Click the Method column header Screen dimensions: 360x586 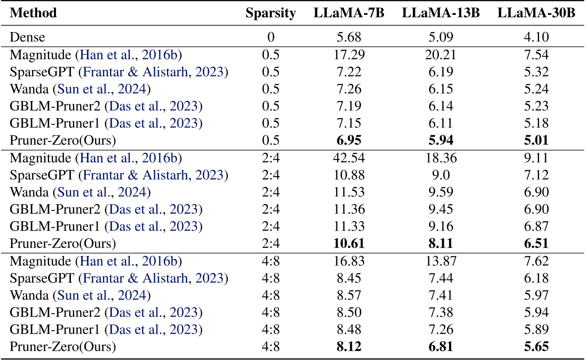point(33,13)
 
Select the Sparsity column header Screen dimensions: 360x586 point(271,13)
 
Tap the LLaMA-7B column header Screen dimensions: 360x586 point(349,13)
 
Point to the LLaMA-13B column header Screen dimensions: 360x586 point(441,13)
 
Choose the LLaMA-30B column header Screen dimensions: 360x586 point(536,13)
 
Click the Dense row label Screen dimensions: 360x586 point(28,37)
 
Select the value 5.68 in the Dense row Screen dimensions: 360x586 point(349,37)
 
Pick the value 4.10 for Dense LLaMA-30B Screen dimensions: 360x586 point(536,37)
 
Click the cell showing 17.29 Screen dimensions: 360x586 point(349,54)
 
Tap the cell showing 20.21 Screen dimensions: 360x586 point(441,54)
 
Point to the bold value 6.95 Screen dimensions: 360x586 point(349,140)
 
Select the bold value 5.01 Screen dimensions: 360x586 point(536,140)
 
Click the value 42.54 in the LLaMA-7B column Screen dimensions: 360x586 point(349,158)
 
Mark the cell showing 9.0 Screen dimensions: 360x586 point(441,175)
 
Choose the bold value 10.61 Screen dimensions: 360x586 point(349,243)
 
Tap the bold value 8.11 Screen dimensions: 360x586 point(441,243)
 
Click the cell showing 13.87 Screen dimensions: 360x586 point(441,261)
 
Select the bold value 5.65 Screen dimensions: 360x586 point(536,347)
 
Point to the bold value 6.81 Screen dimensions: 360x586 point(441,347)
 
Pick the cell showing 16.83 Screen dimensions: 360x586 point(349,261)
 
